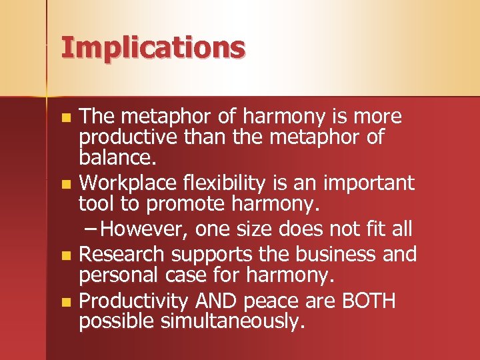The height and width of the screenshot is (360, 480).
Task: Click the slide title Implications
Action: point(153,49)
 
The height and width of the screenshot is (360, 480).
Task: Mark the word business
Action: point(327,254)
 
